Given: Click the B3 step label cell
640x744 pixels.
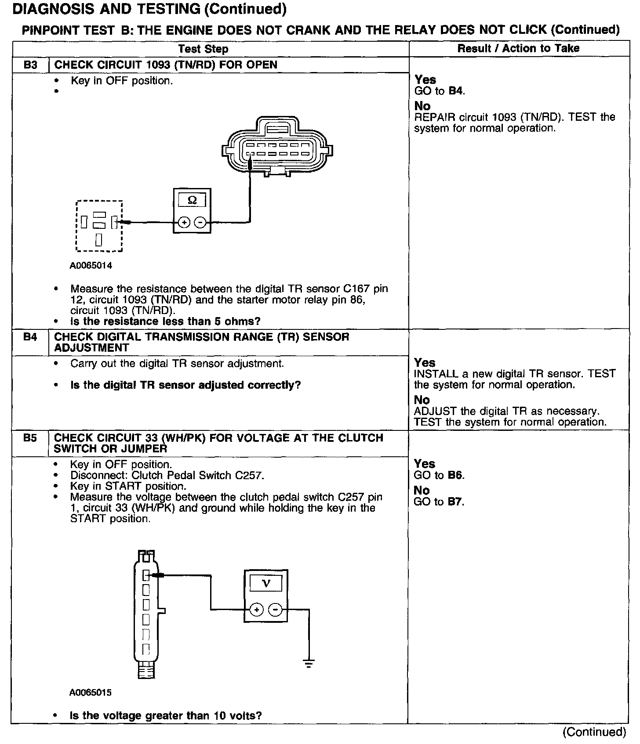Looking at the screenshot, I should click(30, 65).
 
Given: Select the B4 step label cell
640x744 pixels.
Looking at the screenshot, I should click(30, 338).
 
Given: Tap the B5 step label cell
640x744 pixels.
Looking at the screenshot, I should click(30, 438).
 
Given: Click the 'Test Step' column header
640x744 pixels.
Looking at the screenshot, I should click(203, 49).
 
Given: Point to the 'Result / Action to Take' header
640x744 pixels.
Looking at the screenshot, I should click(518, 48).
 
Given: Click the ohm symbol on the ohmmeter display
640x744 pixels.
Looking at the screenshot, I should click(192, 200).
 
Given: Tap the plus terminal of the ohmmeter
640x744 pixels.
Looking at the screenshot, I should click(184, 223).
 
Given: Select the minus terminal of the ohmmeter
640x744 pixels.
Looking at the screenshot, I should click(200, 223).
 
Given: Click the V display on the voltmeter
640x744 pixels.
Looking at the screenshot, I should click(266, 583).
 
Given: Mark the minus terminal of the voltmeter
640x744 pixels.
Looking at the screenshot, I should click(275, 610).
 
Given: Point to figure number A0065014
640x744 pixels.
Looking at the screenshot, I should click(91, 266).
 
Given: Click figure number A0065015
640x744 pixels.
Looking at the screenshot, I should click(90, 693).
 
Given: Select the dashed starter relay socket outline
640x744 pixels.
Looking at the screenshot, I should click(99, 226).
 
